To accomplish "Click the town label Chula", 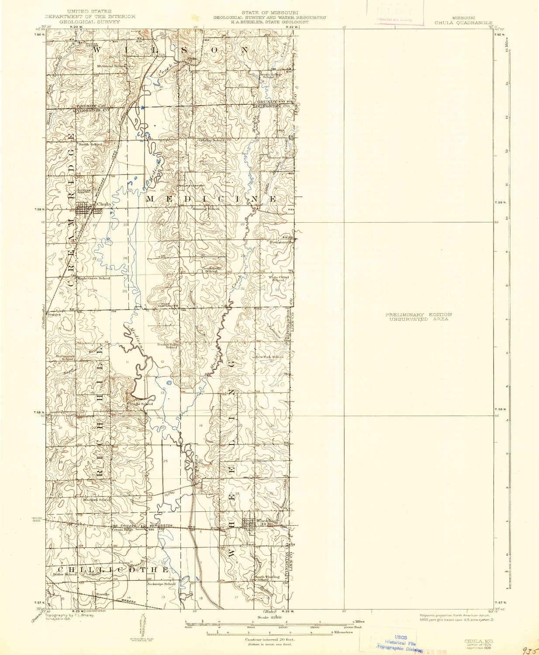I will [x=103, y=204].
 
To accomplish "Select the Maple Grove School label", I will [x=93, y=278].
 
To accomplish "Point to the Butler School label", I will [x=65, y=574].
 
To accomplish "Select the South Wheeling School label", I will [x=267, y=577].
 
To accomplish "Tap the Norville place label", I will [x=102, y=595].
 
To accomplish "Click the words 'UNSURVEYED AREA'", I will [x=418, y=320].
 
